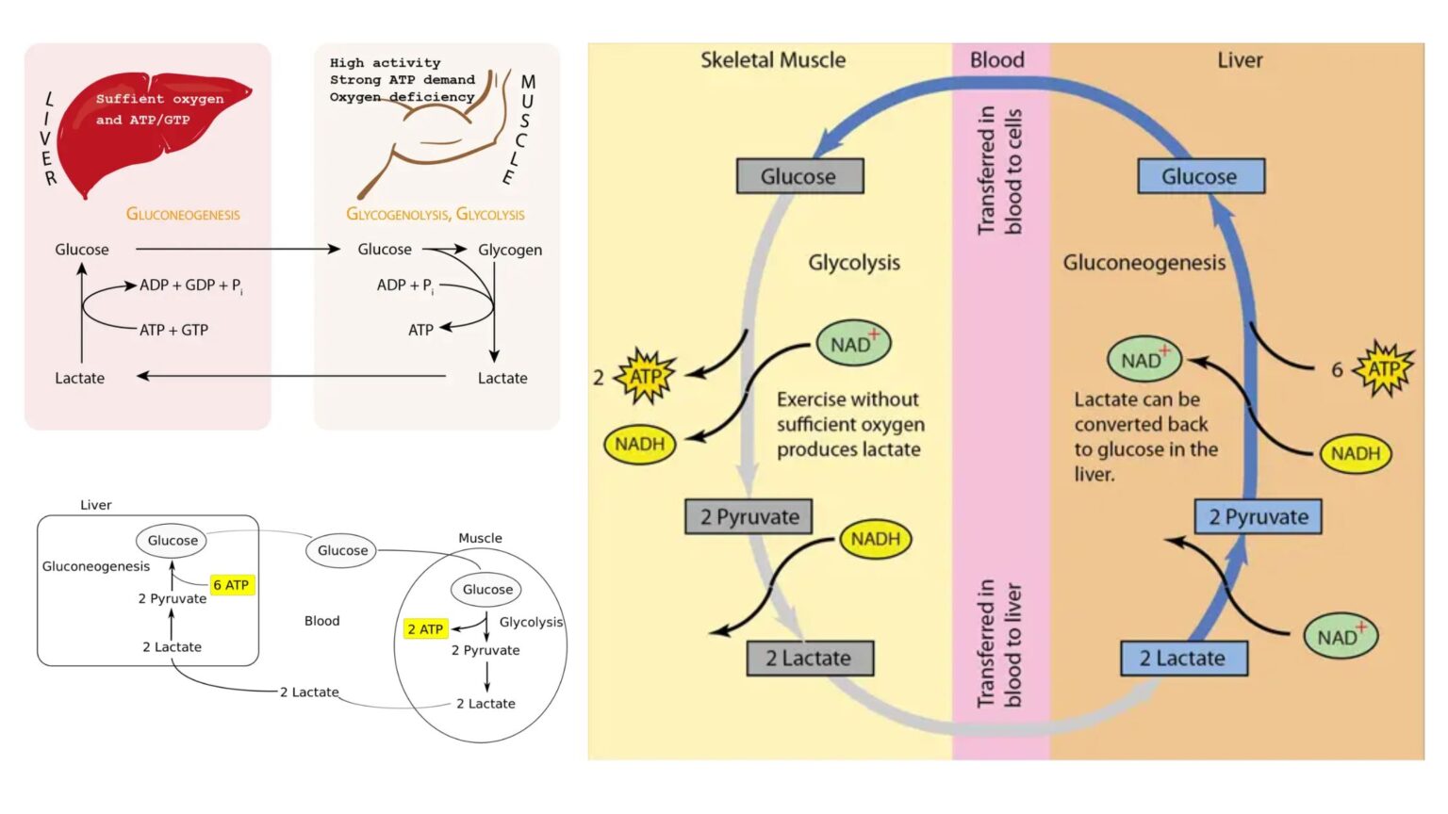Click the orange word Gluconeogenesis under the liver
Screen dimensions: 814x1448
coord(183,215)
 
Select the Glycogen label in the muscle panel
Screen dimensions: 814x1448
coord(510,250)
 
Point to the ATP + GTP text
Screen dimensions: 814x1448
coord(173,330)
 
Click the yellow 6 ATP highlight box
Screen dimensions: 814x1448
coord(231,585)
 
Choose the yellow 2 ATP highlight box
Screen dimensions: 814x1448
coord(425,628)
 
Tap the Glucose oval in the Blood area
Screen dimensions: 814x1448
coord(342,550)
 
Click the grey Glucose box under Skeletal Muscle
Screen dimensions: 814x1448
coord(798,176)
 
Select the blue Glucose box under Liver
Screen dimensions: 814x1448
coord(1199,176)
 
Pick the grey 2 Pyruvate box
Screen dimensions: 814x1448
coord(749,516)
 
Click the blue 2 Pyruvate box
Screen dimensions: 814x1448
coord(1258,516)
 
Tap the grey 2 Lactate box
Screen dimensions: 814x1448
coord(809,658)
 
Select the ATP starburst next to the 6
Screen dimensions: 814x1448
coord(1383,368)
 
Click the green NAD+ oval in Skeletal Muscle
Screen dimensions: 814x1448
coord(853,344)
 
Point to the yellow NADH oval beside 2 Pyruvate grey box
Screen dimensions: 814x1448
coord(875,539)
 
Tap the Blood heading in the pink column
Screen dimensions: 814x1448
coord(997,60)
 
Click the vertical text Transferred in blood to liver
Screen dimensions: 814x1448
coord(999,644)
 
